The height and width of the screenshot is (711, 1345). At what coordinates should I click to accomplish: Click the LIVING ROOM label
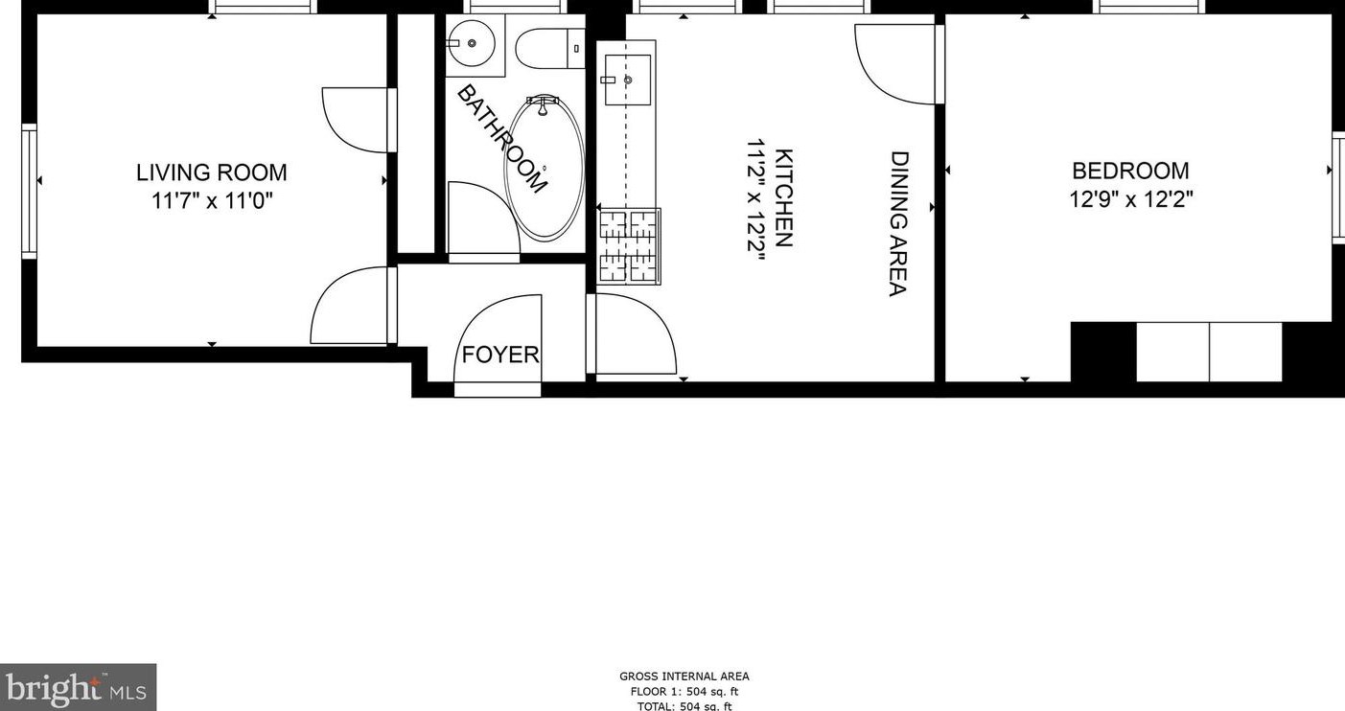click(211, 172)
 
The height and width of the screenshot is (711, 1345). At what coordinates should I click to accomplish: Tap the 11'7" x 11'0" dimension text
click(212, 201)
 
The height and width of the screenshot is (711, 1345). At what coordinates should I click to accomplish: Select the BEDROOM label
click(1130, 171)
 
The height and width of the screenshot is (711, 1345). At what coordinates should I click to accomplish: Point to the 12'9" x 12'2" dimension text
click(1130, 199)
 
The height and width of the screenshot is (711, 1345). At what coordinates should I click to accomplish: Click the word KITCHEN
click(784, 198)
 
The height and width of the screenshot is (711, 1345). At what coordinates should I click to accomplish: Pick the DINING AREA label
click(898, 224)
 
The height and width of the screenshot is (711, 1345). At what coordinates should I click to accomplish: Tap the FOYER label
click(500, 355)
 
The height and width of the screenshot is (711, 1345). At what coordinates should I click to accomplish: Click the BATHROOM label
click(502, 139)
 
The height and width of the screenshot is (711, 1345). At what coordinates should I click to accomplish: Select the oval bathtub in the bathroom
click(544, 168)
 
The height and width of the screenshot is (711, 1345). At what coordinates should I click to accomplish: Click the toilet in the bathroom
click(549, 49)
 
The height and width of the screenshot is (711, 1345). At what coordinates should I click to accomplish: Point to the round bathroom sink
click(472, 43)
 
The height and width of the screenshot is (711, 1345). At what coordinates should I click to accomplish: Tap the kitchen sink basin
click(628, 80)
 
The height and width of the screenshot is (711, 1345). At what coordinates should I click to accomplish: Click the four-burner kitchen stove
click(629, 246)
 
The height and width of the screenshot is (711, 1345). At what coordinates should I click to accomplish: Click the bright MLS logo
click(78, 688)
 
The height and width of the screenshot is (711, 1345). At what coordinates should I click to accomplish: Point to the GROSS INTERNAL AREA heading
click(684, 677)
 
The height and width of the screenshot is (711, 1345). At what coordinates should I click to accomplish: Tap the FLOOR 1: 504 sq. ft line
click(684, 692)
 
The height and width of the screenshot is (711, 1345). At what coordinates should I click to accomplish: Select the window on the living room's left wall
click(28, 192)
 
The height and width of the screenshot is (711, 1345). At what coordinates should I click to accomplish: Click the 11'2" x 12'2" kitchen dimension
click(757, 200)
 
